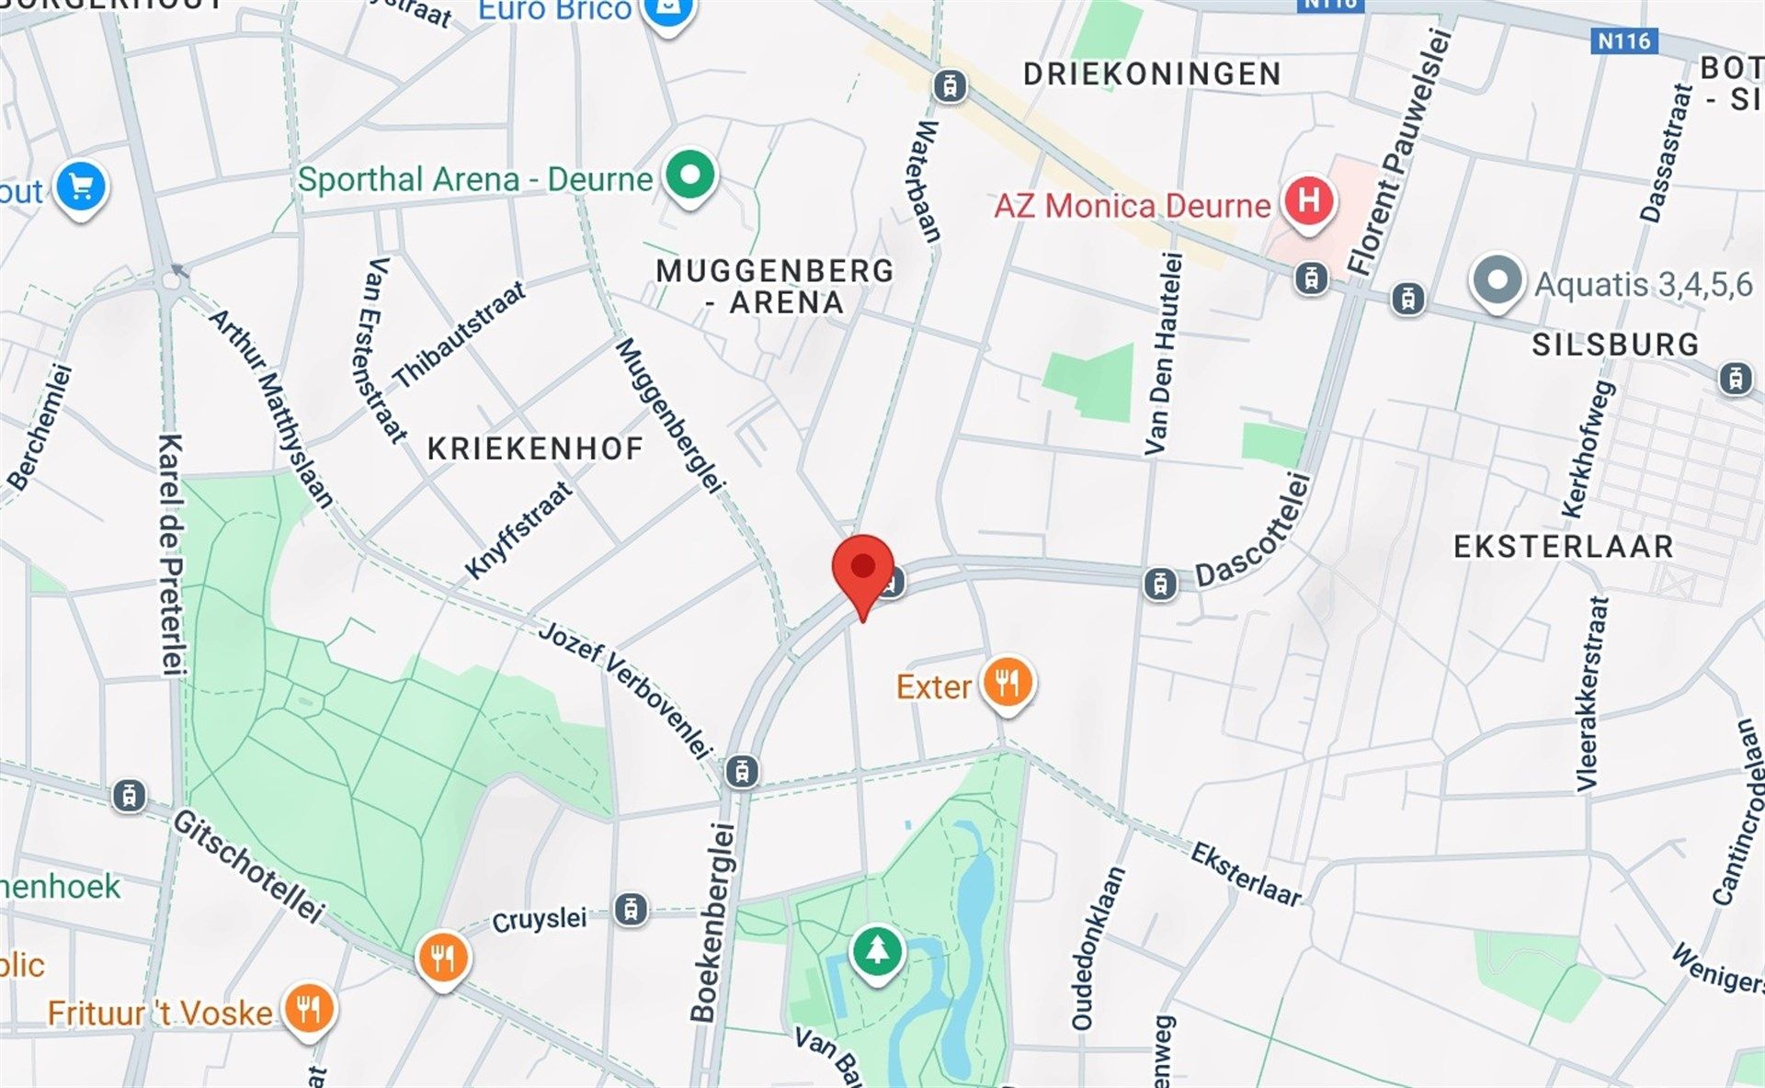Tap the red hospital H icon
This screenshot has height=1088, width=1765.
click(1309, 199)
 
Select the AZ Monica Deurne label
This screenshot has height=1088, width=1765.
click(1132, 206)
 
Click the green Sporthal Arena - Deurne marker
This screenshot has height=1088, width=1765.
click(689, 175)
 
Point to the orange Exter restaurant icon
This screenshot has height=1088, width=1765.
click(1008, 684)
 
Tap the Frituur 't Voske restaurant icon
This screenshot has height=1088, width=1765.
click(309, 1009)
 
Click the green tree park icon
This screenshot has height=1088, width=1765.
click(877, 951)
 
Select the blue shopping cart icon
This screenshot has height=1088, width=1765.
click(81, 187)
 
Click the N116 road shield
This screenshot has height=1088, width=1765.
click(1623, 40)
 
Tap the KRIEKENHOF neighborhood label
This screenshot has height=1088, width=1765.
click(535, 449)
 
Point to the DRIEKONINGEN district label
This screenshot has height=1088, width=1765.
click(1152, 74)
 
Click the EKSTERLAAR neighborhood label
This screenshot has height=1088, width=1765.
click(1563, 547)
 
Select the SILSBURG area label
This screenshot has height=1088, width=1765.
click(1614, 345)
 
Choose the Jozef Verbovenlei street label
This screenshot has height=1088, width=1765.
click(625, 689)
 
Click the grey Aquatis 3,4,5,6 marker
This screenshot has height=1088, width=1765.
click(1497, 280)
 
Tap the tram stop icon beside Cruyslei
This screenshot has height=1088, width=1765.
click(631, 910)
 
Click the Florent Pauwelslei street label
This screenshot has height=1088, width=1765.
click(1399, 152)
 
